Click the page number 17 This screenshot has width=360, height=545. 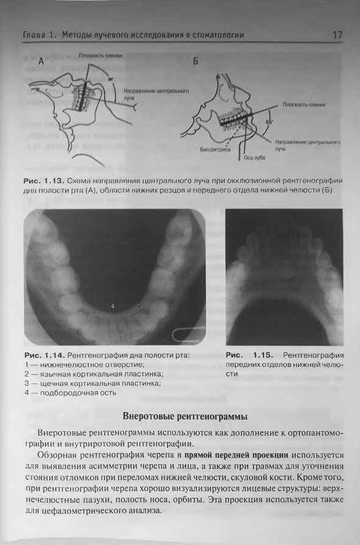click(337, 35)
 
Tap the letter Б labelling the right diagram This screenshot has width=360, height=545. click(195, 61)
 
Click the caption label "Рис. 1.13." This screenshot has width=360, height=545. click(42, 181)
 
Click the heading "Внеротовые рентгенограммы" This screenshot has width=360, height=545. click(185, 418)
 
